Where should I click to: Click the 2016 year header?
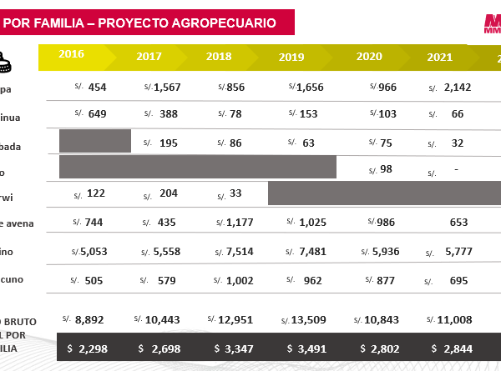tap(71, 54)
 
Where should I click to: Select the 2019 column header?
tap(291, 58)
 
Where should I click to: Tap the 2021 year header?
tap(439, 58)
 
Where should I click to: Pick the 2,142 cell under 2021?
tap(458, 88)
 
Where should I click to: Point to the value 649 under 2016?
tap(97, 114)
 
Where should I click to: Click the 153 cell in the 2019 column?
tap(308, 114)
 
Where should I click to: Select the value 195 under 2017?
tap(168, 143)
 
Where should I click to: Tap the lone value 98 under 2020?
tap(386, 169)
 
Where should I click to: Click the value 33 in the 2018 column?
tap(235, 193)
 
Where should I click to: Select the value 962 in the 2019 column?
tap(312, 281)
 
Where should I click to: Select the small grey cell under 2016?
tap(95, 141)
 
